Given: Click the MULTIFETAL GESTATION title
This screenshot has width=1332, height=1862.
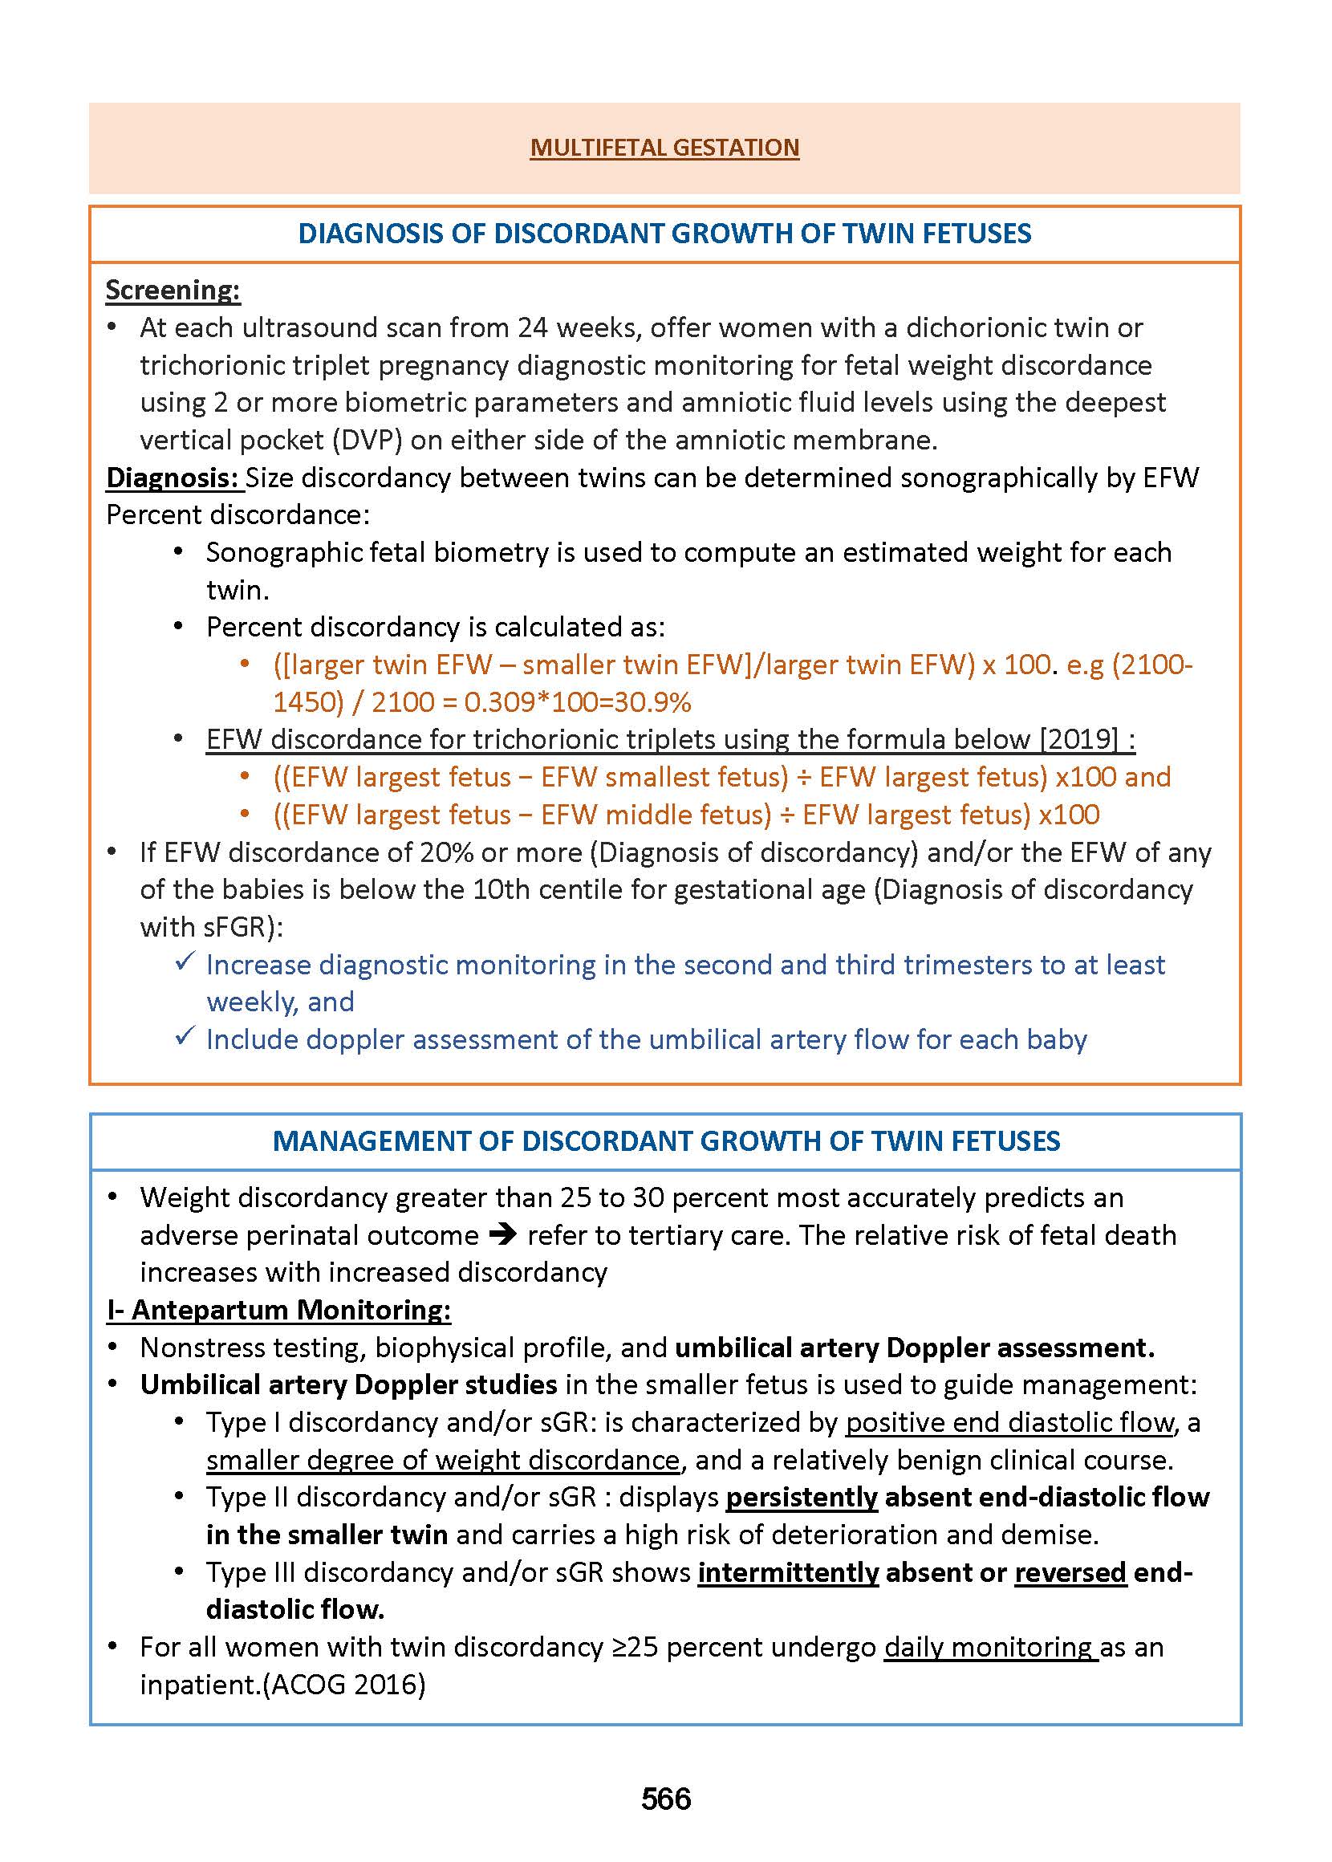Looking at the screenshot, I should click(664, 148).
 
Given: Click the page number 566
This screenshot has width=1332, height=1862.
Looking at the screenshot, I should click(666, 1799).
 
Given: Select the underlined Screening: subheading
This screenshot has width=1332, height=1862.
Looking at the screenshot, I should click(173, 291).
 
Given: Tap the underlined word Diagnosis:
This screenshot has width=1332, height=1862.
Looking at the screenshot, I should click(173, 478).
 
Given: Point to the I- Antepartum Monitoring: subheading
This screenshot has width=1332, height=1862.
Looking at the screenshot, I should click(279, 1310).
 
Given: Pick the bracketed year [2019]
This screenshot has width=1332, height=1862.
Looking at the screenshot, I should click(1078, 740).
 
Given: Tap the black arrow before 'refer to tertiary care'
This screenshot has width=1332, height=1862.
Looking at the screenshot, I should click(503, 1235).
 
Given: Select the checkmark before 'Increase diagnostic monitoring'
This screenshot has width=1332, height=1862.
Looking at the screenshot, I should click(185, 961).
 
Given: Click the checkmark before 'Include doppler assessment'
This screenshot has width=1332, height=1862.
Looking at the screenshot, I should click(185, 1036).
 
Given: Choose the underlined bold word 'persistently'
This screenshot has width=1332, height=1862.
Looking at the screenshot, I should click(802, 1497).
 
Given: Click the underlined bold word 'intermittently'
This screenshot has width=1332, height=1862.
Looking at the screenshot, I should click(788, 1572).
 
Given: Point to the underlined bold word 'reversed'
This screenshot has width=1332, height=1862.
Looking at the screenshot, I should click(1070, 1572).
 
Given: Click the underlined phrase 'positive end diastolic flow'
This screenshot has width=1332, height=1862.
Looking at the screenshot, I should click(1010, 1422).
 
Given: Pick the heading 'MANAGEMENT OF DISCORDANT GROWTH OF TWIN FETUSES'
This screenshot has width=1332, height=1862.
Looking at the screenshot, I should click(666, 1141).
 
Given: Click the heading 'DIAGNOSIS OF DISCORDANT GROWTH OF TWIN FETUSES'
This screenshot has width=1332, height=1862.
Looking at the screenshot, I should click(664, 234).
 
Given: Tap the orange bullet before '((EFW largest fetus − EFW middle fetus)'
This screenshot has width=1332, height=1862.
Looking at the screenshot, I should click(245, 815).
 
